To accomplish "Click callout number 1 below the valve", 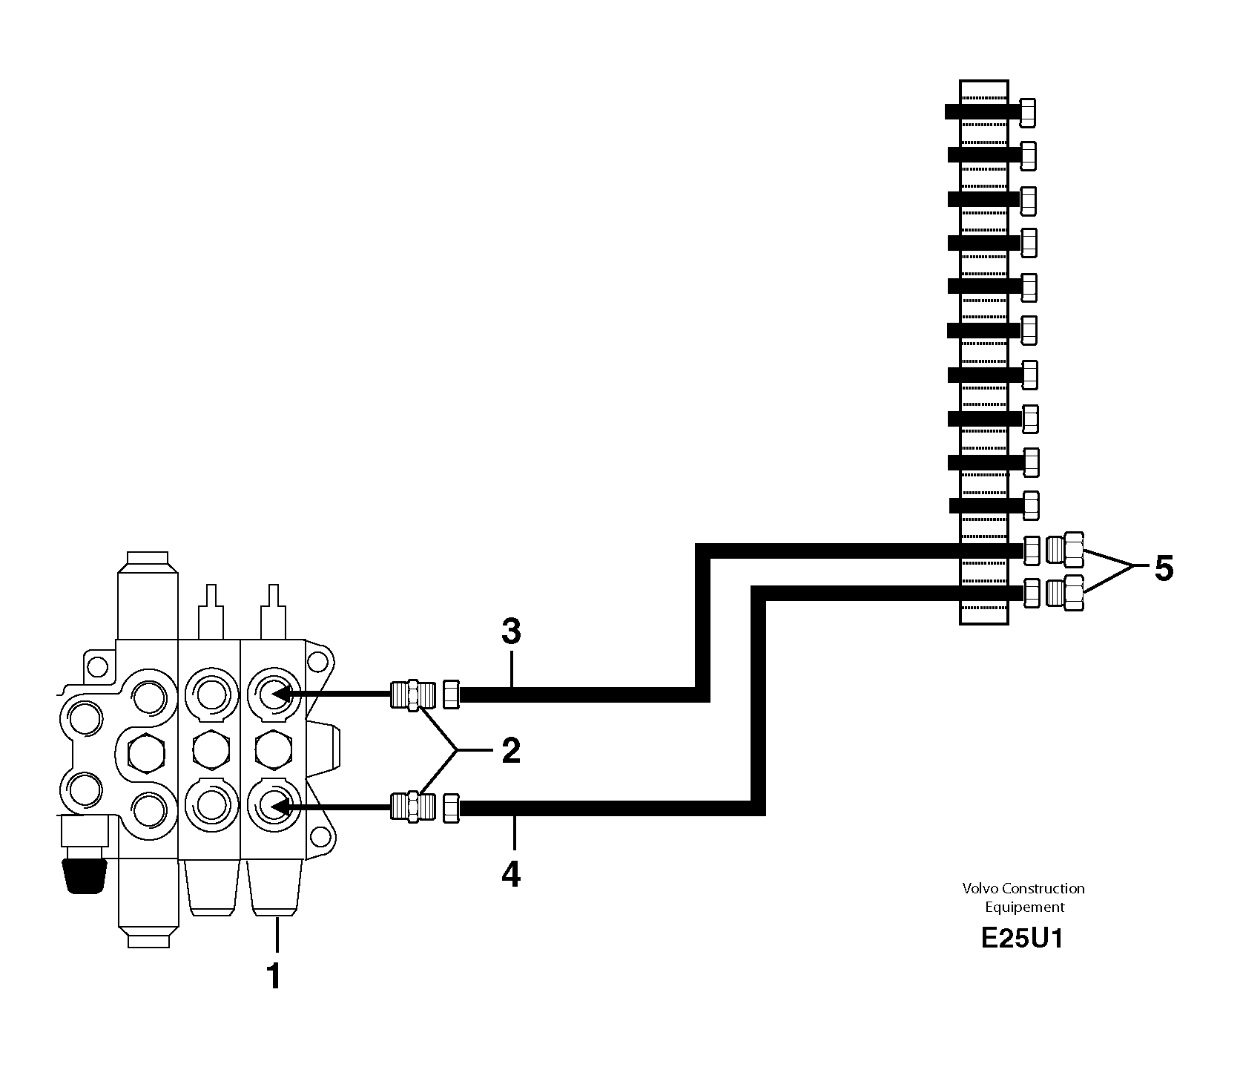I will tap(274, 976).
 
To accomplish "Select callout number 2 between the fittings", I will tap(511, 750).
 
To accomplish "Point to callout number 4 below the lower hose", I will tap(511, 873).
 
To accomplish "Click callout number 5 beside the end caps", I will tap(1162, 568).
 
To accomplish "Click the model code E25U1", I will tap(1022, 939).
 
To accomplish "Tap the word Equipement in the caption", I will tap(1024, 907).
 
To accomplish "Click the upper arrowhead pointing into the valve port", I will tap(280, 694).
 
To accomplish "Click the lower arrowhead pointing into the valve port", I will tap(280, 806).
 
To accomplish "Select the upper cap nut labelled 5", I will tap(1065, 549).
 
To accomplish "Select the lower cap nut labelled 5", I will tap(1065, 592).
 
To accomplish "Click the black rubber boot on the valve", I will tap(83, 876).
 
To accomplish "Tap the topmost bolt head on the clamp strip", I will tap(1028, 112).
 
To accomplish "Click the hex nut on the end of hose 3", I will tap(451, 695).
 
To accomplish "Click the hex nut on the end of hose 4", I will tap(451, 807).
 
